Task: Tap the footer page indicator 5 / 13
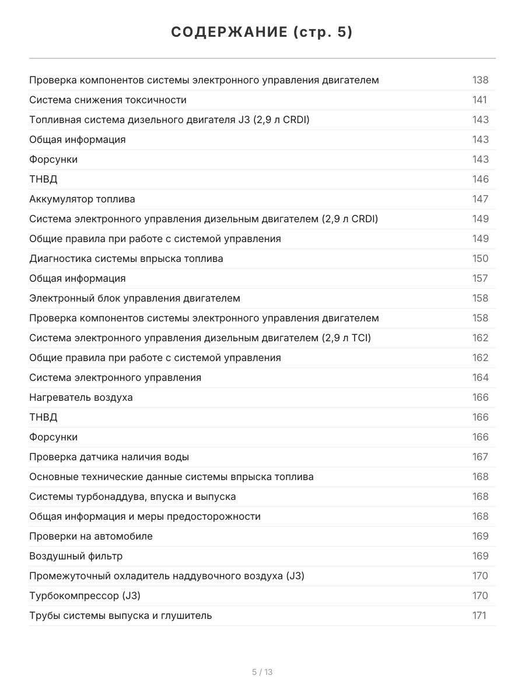click(262, 672)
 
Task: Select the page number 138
click(480, 80)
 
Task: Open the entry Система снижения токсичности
click(108, 100)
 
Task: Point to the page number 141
click(480, 100)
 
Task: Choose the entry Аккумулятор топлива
click(82, 199)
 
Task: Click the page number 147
click(480, 199)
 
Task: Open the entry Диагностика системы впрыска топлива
click(126, 258)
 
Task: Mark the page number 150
click(480, 258)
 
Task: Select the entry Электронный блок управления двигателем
click(135, 298)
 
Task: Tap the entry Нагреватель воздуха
click(81, 397)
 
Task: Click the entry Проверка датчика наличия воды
click(109, 457)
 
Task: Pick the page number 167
click(480, 457)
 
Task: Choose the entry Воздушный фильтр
click(76, 556)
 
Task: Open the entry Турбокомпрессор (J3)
click(85, 596)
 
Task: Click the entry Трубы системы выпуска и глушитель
click(121, 615)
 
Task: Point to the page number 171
click(479, 615)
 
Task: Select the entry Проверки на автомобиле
click(91, 536)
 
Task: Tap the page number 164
click(480, 377)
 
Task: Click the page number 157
click(480, 278)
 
